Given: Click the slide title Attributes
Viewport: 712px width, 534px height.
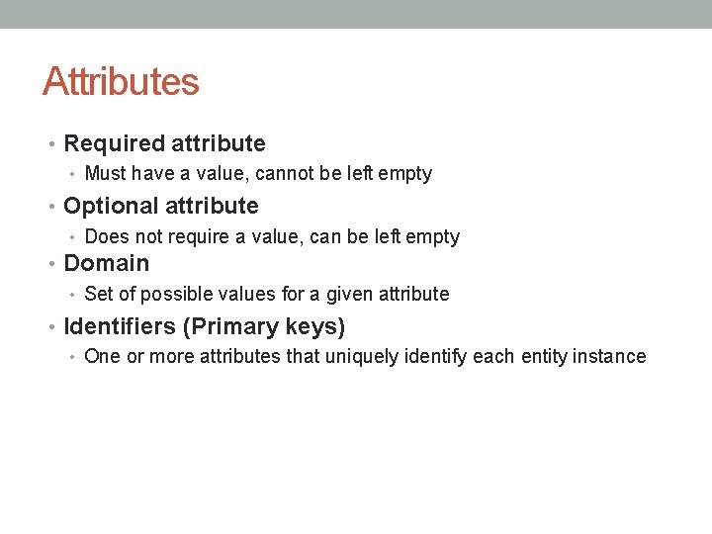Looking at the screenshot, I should tap(121, 81).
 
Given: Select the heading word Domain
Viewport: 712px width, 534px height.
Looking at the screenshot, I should tap(106, 263).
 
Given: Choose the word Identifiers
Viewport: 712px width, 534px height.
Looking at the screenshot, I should tap(120, 326).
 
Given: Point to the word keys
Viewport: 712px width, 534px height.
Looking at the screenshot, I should tap(314, 326).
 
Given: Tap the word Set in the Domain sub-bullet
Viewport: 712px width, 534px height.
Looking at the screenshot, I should tap(99, 294).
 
